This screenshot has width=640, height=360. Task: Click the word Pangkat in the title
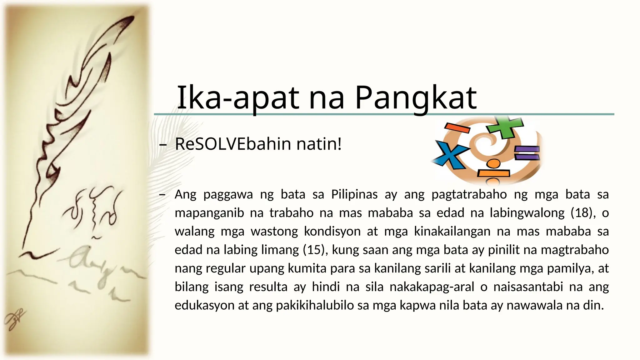coord(416,98)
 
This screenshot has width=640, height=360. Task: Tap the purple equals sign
coord(527,153)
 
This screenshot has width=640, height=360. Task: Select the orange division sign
coord(493,171)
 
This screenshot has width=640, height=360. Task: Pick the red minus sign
coord(457,127)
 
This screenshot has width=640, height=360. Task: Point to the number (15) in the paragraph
coord(315,250)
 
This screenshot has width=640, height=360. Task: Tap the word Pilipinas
coord(354,194)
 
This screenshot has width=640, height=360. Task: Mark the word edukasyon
coord(204,305)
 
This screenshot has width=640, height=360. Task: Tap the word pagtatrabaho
coord(469,194)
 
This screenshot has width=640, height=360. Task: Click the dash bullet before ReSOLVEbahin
coord(162,145)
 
